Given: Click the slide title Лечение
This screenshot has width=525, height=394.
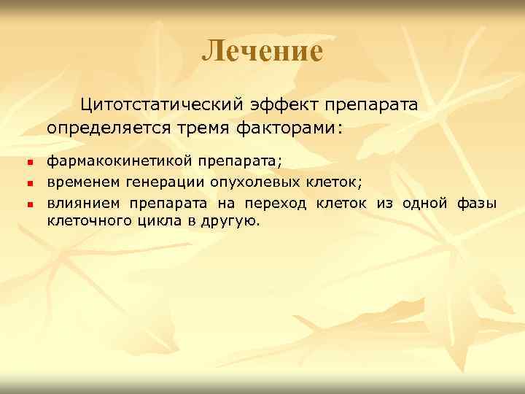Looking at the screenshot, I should [262, 51].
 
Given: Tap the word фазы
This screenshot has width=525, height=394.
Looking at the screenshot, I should [478, 202].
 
